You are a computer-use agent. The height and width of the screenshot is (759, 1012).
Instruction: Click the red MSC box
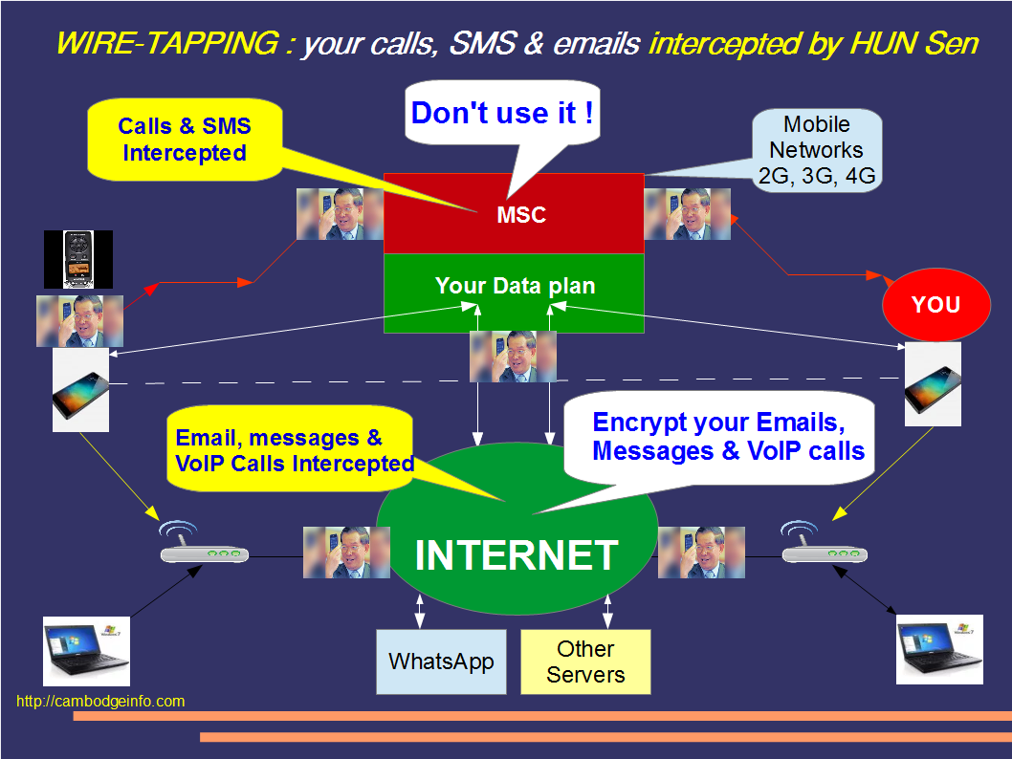514,214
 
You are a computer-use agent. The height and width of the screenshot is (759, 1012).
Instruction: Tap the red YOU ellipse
935,305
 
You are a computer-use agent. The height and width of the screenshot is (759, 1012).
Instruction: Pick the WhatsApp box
441,661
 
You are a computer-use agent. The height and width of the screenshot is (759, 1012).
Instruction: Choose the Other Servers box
585,661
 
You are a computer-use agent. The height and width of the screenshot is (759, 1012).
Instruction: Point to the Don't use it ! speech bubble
502,114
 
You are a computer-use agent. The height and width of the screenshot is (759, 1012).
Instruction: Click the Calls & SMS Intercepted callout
185,140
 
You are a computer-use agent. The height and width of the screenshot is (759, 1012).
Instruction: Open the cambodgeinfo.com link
100,702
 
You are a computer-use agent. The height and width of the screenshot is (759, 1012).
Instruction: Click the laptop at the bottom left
86,651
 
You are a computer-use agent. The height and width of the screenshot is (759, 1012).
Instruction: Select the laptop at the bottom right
938,649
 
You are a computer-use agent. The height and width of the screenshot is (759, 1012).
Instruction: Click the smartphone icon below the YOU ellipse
933,384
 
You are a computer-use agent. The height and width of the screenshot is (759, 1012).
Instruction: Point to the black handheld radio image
78,259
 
